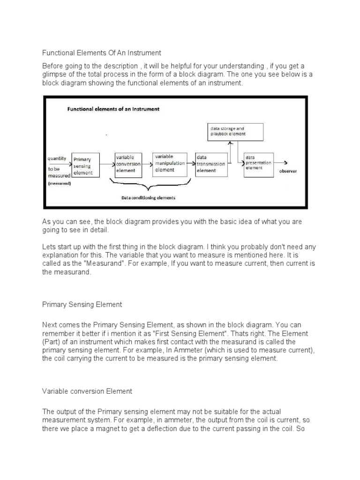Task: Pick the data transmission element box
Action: [211, 164]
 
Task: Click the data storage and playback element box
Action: [235, 131]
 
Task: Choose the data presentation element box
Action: [258, 164]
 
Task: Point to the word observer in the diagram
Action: [288, 171]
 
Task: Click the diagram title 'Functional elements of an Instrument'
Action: [113, 109]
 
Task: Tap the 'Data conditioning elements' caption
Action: [148, 197]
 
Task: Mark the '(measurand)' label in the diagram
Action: [60, 183]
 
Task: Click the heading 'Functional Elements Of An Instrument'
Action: [102, 53]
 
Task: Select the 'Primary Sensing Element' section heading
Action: [82, 304]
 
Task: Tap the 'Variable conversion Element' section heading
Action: [87, 391]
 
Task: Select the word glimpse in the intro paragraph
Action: [56, 75]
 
